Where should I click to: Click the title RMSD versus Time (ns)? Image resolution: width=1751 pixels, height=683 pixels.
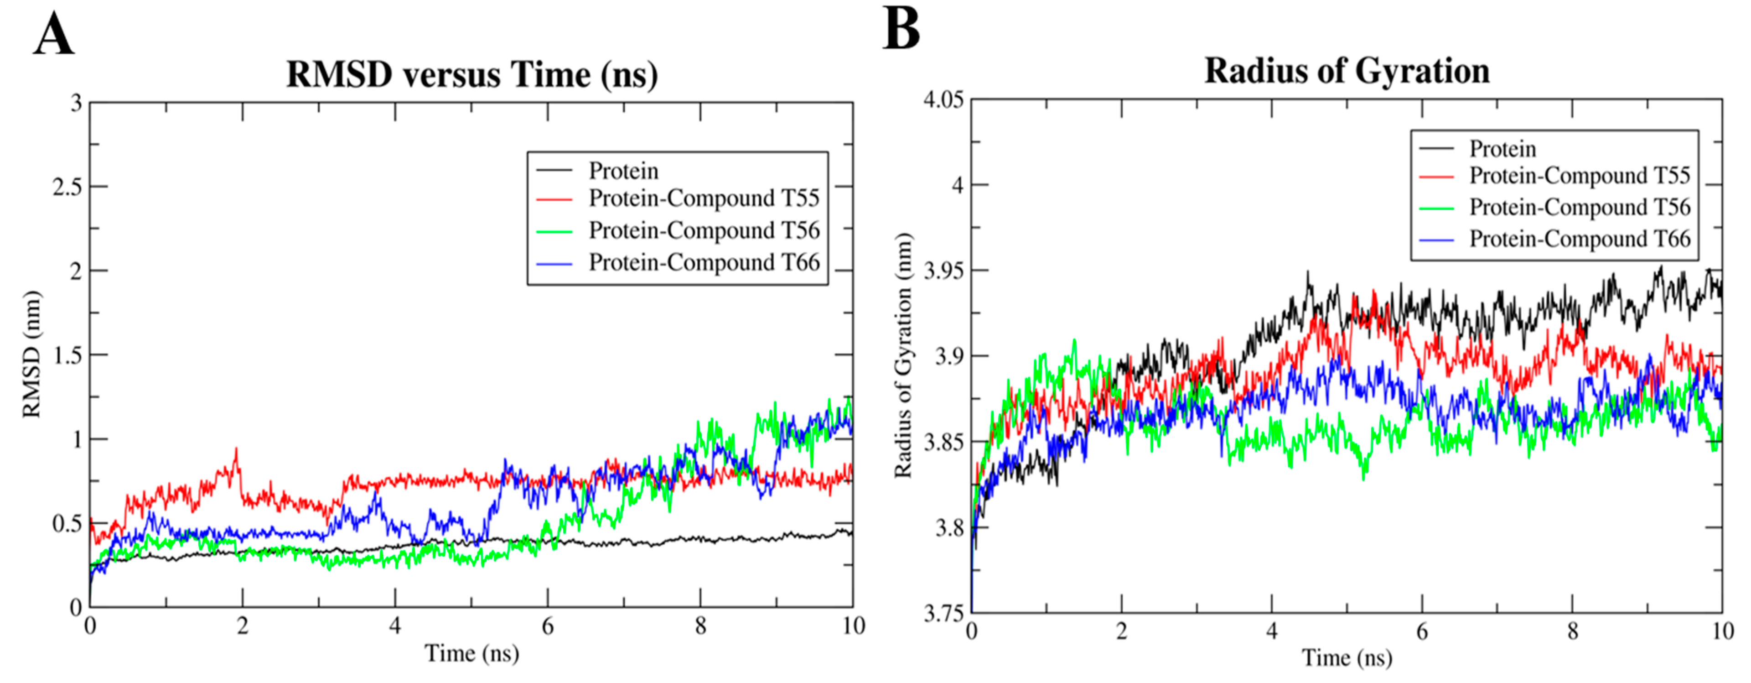coord(472,74)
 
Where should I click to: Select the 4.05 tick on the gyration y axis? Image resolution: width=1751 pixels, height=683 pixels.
coord(943,100)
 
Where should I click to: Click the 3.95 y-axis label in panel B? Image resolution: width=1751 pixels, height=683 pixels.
coord(943,271)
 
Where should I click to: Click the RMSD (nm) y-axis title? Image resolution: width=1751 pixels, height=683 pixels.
coord(32,354)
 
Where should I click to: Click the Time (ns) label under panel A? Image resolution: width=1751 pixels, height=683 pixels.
coord(472,653)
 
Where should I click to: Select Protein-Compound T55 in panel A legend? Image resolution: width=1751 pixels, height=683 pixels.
coord(704,198)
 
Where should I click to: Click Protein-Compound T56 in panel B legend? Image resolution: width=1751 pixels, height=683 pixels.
coord(1579,207)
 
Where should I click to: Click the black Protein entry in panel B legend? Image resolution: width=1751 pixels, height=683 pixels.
coord(1502,148)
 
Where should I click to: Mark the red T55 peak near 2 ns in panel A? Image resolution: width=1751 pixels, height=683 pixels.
coord(236,450)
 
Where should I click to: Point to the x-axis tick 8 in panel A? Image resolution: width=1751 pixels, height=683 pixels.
coord(700,626)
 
